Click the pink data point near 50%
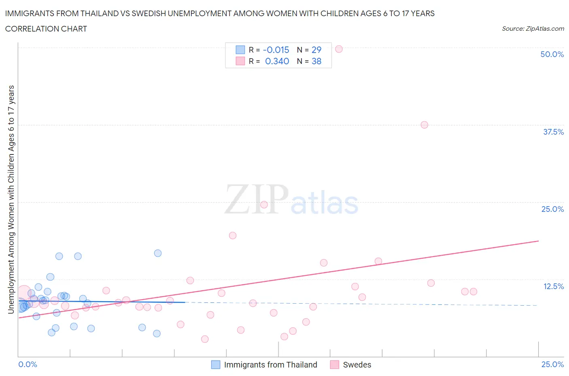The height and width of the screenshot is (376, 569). point(339,49)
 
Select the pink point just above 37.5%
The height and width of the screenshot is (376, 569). point(424,125)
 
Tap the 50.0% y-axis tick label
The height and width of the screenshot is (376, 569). point(552,54)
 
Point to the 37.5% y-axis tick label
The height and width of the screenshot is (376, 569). point(553,132)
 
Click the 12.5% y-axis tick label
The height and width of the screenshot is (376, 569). point(553,286)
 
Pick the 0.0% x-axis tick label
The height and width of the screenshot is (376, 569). point(28,364)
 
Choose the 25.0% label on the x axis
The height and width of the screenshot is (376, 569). point(552,364)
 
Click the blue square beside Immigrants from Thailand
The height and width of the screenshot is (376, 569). point(216,365)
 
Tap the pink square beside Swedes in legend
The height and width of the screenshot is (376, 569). point(334,365)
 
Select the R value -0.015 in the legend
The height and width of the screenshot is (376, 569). point(276,50)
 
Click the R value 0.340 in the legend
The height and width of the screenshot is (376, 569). point(277,61)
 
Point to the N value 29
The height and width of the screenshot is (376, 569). point(316,50)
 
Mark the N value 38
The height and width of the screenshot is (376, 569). point(316,61)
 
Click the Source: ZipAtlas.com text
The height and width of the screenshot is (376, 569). point(533,28)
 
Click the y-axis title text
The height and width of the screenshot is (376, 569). point(11,199)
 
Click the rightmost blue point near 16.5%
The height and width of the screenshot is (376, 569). point(158,253)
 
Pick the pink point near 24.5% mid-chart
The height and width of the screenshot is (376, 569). point(264,205)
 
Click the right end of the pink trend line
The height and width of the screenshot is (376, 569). point(538,241)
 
